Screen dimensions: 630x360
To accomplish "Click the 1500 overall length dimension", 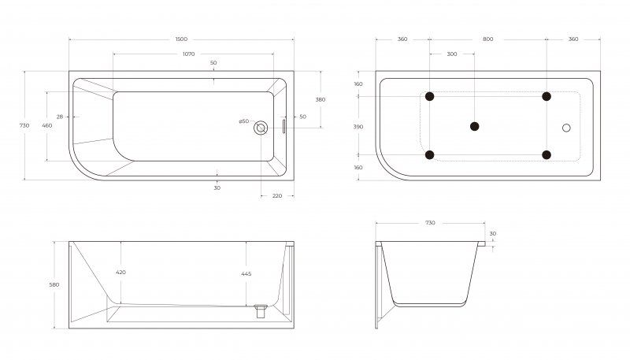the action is tap(181, 39).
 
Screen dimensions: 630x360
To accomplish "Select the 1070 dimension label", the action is tap(188, 54).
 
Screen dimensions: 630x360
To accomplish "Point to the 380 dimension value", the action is tap(321, 99).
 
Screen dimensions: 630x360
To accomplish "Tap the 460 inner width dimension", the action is tap(47, 125).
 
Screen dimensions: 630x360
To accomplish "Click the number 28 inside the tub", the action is tap(60, 117).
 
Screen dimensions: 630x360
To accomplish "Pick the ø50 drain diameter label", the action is tap(244, 121).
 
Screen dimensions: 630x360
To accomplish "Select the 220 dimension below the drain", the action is tap(277, 195).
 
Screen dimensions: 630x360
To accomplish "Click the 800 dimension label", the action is tap(487, 39).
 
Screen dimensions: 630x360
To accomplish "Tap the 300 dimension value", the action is tap(452, 54).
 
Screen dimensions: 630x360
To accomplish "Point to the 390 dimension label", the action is tap(358, 127).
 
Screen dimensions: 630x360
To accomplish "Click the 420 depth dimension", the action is tap(120, 272).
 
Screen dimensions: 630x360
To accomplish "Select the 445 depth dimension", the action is tap(246, 273).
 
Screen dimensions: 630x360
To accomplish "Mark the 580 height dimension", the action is tap(54, 284).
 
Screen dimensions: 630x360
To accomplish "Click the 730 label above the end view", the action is tap(430, 223).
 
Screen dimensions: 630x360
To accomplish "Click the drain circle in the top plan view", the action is tap(261, 128).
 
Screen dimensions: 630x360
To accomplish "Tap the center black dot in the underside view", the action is tap(475, 127).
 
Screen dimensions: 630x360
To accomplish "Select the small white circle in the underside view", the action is tap(566, 128).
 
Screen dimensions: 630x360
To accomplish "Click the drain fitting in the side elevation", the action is tap(261, 310).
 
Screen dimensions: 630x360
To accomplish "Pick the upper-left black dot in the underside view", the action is tap(429, 96).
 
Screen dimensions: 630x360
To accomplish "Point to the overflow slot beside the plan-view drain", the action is tap(283, 126).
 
